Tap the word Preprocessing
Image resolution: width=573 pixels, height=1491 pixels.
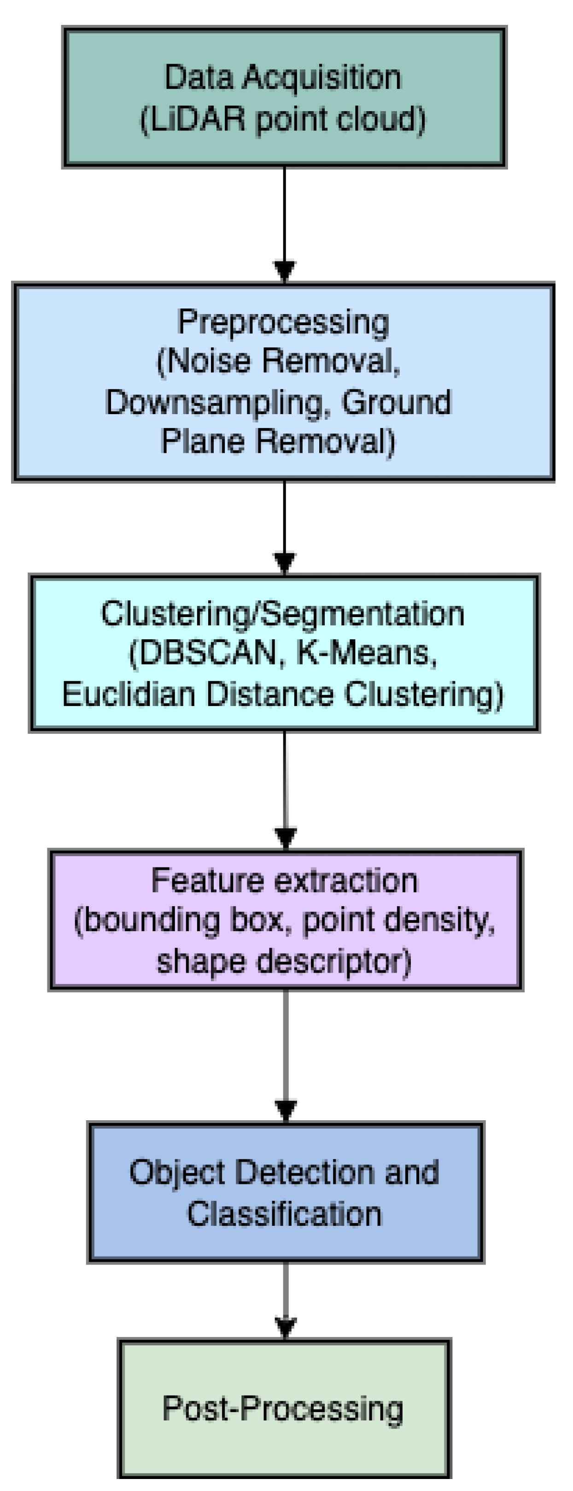tap(283, 322)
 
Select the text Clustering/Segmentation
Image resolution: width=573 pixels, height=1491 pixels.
tap(282, 613)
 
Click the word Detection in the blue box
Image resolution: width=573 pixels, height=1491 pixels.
tap(305, 1172)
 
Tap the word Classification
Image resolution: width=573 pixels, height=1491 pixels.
tap(284, 1214)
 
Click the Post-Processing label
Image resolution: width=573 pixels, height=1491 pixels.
tap(283, 1408)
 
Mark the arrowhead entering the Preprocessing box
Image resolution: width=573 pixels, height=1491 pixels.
tap(284, 271)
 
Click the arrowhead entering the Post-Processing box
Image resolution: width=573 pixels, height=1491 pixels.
tap(285, 1327)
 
